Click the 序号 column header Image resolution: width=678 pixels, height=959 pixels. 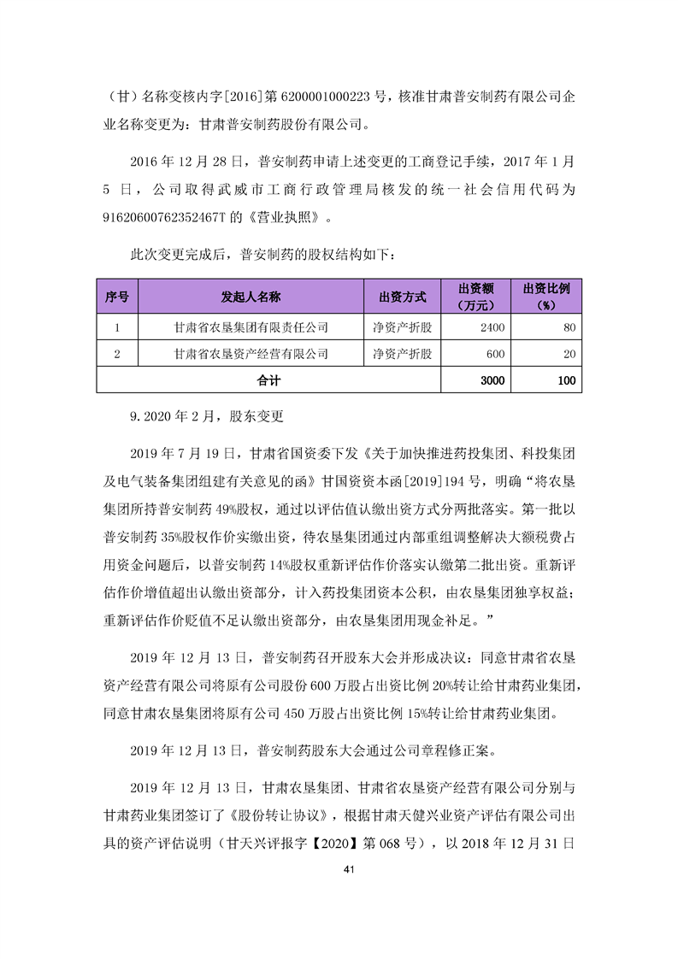tap(117, 297)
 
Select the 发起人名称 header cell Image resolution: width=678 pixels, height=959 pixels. tap(251, 297)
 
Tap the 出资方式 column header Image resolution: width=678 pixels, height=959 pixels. tap(402, 297)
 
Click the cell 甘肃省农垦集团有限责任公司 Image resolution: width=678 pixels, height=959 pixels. tap(251, 327)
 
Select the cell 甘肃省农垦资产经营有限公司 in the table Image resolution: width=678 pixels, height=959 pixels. tap(251, 353)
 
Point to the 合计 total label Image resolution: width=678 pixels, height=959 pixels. tap(268, 379)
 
